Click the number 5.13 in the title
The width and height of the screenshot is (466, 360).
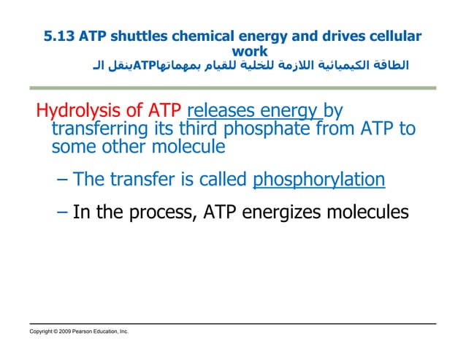(58, 37)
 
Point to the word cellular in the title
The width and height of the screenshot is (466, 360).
(394, 37)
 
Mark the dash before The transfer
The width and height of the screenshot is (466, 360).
(63, 180)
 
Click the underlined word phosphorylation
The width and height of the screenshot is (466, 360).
(318, 180)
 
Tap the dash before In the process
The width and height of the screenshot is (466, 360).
(63, 212)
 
